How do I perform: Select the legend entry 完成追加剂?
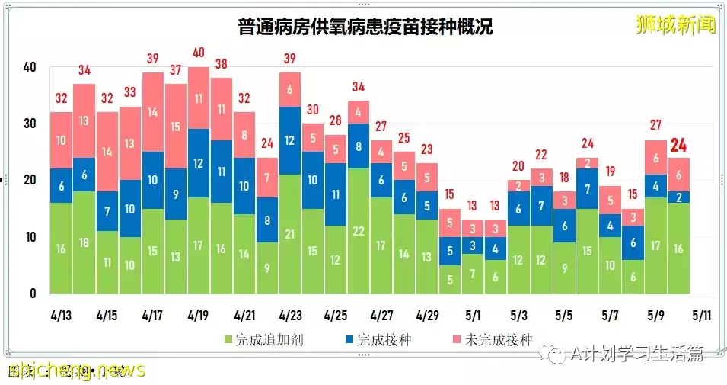(263, 339)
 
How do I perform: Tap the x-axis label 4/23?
(289, 315)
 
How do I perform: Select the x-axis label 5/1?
(473, 315)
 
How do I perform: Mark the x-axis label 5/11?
(700, 315)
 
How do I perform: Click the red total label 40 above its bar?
(199, 53)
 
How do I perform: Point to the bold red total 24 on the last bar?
(678, 145)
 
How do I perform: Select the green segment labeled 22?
(358, 231)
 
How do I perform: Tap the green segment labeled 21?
(289, 234)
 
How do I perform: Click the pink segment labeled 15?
(176, 127)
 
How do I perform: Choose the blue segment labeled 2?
(678, 197)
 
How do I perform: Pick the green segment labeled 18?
(84, 242)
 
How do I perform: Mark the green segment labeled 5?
(450, 279)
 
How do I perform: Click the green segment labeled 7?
(473, 274)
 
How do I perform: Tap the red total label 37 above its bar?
(176, 70)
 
